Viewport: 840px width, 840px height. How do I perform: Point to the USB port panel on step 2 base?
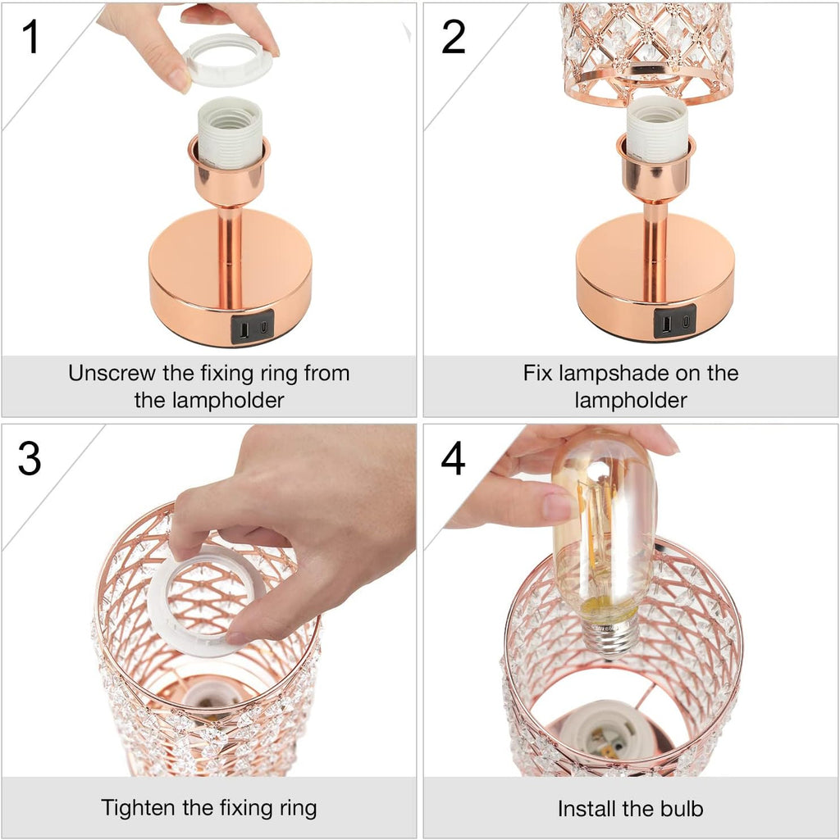click(674, 321)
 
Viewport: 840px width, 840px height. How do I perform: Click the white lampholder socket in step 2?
click(656, 128)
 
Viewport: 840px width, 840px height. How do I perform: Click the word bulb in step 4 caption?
click(678, 809)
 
